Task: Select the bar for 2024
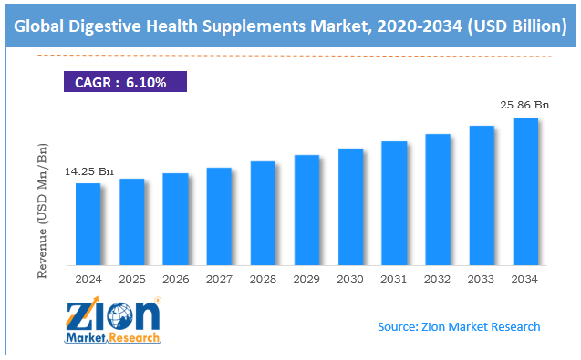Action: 88,224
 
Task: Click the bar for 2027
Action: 219,216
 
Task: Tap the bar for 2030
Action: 350,207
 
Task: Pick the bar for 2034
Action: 525,191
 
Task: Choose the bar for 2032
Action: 438,200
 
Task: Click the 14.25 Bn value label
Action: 89,171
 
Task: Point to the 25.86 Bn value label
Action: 524,105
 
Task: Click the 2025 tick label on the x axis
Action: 132,279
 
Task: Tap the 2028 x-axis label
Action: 263,279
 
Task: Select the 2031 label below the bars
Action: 393,279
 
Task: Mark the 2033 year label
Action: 481,279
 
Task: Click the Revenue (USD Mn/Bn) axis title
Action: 42,211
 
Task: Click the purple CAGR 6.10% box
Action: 125,81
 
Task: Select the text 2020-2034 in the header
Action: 420,26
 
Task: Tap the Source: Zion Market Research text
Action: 459,326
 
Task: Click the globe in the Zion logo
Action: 119,316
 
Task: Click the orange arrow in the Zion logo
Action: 84,311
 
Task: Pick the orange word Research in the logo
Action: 134,338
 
